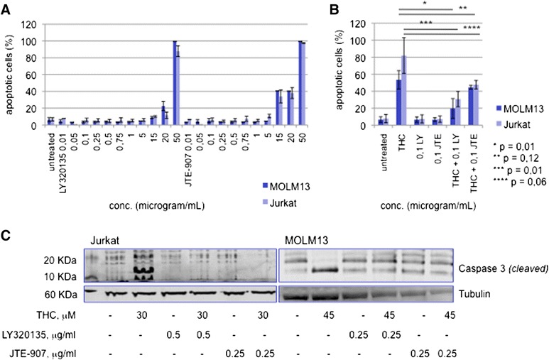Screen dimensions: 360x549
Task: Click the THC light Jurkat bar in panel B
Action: tap(404, 93)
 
